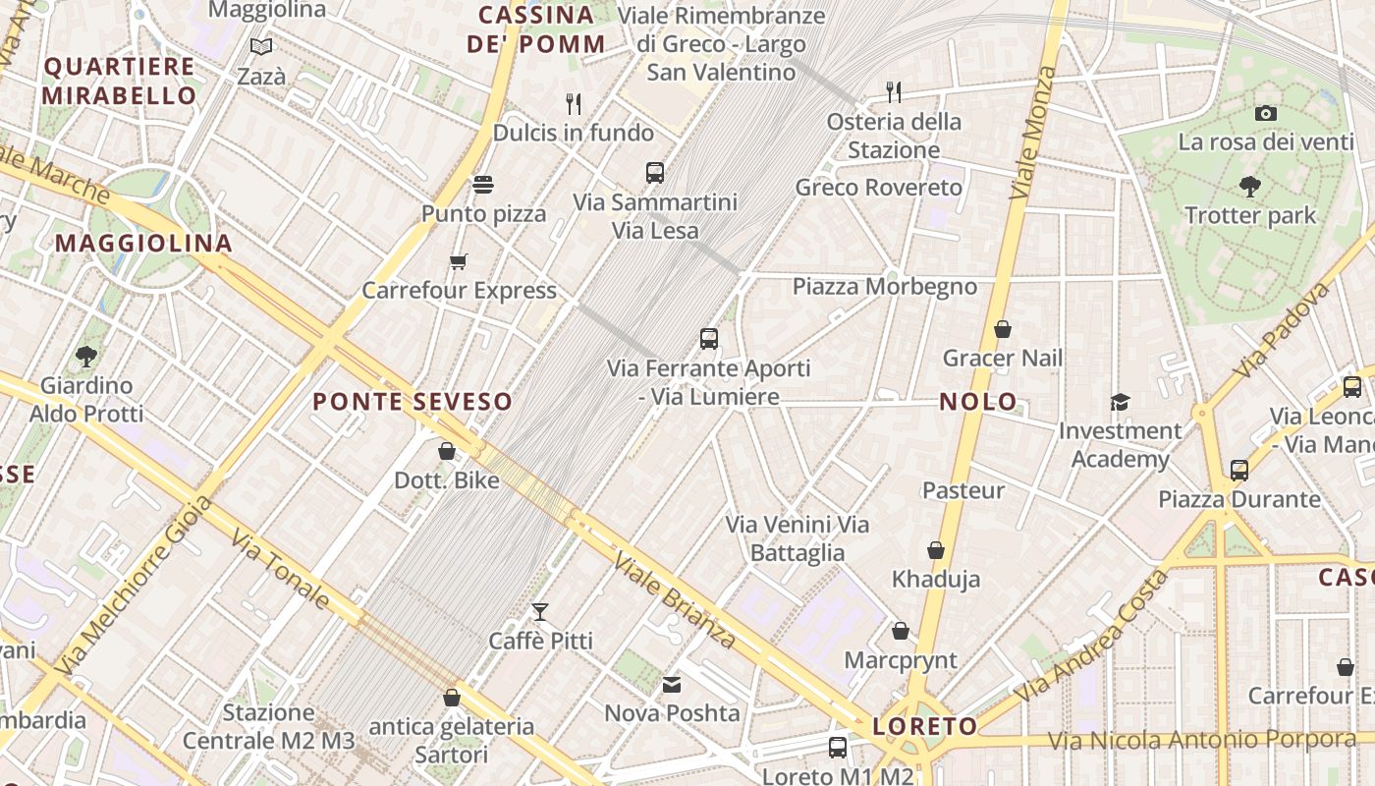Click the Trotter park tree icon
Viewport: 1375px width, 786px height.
1249,185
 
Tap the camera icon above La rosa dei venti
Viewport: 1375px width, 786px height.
1266,113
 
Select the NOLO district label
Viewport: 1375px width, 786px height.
978,402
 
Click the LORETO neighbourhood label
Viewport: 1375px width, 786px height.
925,727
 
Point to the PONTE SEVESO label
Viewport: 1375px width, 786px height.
412,401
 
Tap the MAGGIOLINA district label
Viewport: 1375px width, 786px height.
143,243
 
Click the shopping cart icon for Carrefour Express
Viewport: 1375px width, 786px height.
459,261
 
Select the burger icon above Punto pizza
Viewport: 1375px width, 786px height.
483,184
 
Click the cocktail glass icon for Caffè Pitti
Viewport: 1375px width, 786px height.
540,612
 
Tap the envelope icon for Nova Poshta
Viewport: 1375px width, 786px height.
672,685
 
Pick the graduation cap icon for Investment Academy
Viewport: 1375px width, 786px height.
1120,401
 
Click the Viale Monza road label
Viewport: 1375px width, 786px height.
1034,133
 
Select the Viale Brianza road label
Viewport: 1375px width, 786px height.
675,600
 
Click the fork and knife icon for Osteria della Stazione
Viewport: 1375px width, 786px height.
893,92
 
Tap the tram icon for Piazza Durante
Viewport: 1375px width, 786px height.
1239,470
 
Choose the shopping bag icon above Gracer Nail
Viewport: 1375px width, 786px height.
1003,329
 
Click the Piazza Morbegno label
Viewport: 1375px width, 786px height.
885,286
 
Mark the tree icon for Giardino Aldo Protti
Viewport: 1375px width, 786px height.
86,356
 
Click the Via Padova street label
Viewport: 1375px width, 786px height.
1283,331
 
